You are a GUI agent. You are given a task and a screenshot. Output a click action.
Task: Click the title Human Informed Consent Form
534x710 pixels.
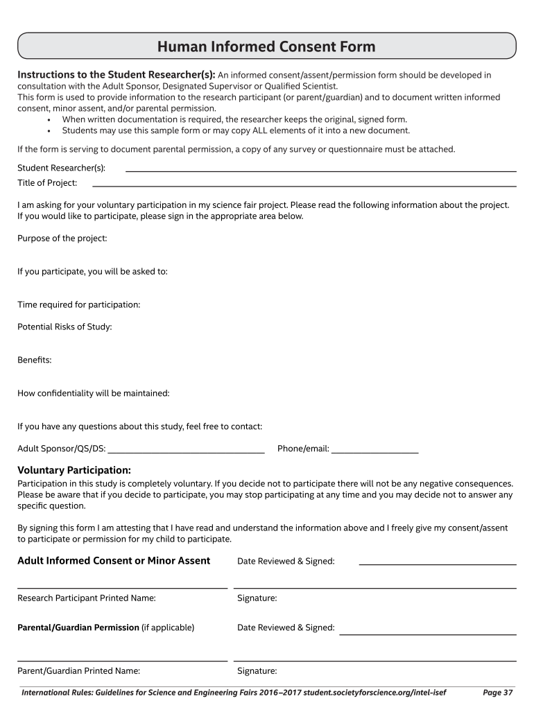(266, 47)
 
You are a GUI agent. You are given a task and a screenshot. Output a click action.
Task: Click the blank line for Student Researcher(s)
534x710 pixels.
(320, 170)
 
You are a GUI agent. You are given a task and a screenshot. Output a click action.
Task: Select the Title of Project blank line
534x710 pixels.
(304, 185)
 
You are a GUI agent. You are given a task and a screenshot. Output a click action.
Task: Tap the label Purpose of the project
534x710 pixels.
(62, 239)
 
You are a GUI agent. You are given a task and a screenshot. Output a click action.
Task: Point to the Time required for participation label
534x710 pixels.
(79, 305)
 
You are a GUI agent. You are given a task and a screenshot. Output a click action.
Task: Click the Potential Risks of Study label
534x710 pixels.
(64, 327)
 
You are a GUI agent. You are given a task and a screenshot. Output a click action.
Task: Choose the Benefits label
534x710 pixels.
(35, 360)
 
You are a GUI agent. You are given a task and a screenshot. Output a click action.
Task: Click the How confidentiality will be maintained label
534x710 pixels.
(94, 393)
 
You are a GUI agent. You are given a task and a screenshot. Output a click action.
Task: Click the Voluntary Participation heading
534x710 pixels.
(74, 470)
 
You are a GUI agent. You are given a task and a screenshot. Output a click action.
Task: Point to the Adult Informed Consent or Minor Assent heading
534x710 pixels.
(114, 560)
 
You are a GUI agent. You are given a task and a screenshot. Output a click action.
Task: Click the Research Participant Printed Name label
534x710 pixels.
(87, 598)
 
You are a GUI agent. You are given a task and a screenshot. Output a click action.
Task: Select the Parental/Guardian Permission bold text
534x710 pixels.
(78, 627)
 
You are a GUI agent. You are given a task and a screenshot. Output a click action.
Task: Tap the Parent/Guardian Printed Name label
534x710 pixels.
(79, 670)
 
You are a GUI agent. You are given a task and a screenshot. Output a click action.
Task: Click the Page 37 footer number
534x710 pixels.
(497, 692)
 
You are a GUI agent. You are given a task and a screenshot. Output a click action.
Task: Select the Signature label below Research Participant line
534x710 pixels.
(257, 598)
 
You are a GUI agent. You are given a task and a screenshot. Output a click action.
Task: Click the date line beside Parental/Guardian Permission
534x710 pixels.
(427, 633)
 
